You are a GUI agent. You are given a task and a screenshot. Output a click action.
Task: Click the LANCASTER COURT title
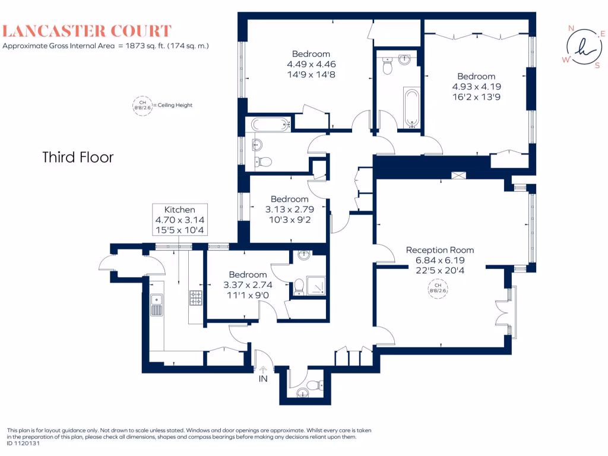87,31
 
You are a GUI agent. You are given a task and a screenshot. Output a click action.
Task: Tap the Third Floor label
78,157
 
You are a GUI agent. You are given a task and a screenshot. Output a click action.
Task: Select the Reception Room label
440,250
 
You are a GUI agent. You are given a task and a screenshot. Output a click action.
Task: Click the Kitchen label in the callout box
179,210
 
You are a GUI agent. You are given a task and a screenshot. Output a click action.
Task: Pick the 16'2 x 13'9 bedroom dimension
476,96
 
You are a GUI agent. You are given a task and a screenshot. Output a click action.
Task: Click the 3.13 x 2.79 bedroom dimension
289,209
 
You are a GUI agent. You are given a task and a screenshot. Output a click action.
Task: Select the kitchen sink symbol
156,305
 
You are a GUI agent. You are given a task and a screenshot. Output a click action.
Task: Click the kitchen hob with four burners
196,297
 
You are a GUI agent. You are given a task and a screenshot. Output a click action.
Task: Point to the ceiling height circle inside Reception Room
439,289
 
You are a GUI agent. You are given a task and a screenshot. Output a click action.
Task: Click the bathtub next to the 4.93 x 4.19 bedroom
413,108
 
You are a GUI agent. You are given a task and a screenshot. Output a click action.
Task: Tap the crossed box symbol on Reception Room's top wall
459,175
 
